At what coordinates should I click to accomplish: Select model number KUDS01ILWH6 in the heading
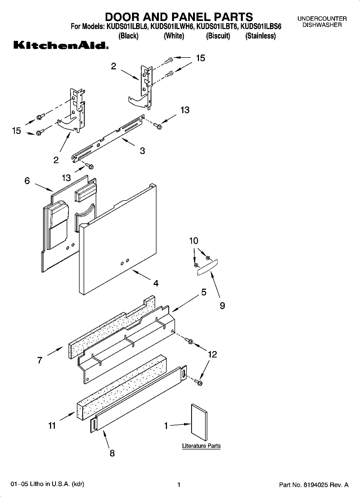172,27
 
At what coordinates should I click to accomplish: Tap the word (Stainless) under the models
260,36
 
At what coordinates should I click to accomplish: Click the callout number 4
156,283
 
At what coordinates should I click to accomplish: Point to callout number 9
222,306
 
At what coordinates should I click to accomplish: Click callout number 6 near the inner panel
27,181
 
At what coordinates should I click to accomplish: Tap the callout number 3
142,151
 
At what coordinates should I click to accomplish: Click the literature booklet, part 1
199,422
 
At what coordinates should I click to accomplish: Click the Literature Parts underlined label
201,446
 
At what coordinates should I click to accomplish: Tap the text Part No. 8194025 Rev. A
314,485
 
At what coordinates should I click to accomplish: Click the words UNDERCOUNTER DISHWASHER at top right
322,22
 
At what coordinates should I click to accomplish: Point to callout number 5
204,292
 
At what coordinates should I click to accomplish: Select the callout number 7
40,360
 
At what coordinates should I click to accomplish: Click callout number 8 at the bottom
112,453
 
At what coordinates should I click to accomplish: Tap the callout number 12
212,354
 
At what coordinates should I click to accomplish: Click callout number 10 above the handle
194,241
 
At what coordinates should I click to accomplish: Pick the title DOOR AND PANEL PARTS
179,17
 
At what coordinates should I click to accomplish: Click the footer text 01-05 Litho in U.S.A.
47,484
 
